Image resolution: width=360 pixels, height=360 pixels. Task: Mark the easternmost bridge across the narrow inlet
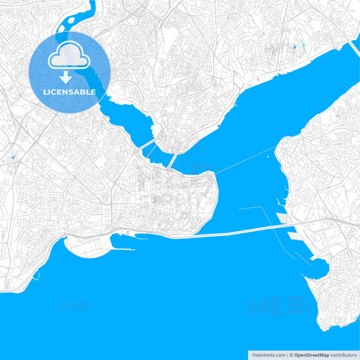(x=173, y=159)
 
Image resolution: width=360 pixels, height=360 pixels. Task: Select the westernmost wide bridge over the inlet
(x=147, y=145)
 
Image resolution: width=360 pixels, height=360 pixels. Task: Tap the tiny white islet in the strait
(x=268, y=157)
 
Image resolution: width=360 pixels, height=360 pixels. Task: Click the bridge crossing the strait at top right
(x=353, y=49)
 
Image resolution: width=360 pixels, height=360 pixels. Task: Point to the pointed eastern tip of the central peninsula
(x=216, y=183)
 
